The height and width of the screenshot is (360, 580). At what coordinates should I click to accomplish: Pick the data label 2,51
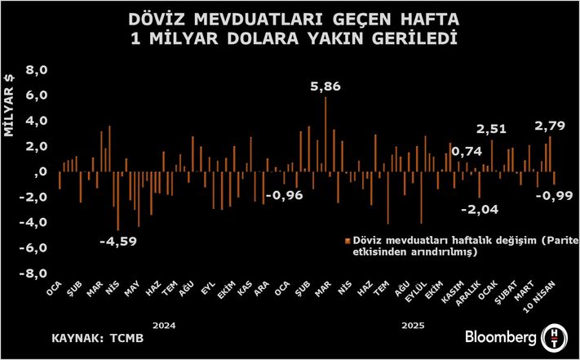coord(492,128)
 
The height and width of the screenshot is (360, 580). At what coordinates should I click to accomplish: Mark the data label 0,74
coord(467,152)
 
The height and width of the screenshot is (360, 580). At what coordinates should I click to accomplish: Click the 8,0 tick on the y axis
coord(38,70)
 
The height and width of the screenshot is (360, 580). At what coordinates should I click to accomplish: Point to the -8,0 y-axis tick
coord(35,273)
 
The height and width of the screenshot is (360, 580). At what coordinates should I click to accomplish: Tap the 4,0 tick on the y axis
coord(38,121)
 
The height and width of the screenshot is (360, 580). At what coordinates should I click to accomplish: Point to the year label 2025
coord(416,324)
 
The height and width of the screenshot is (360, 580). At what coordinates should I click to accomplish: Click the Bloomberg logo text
coord(500,337)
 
